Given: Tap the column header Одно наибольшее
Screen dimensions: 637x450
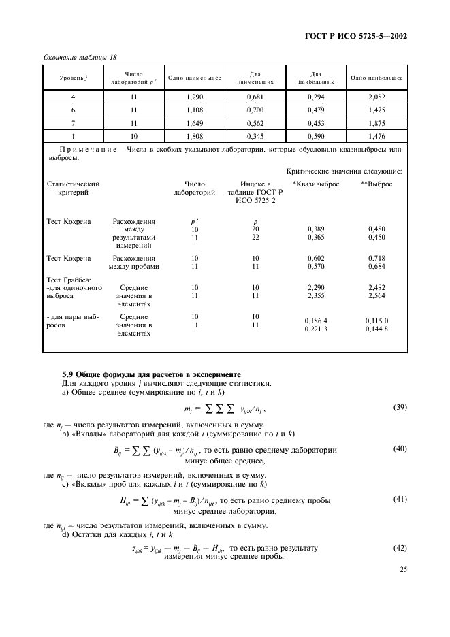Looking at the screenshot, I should click(x=376, y=78).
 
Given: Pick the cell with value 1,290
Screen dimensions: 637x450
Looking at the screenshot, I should click(x=195, y=99).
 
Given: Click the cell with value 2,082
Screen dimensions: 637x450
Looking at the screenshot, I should click(x=376, y=99).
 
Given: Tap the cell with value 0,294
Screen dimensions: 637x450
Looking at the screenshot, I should click(x=316, y=99).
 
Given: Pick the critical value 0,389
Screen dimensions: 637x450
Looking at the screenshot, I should click(x=316, y=230).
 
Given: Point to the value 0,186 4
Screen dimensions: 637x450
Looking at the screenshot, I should click(x=316, y=321).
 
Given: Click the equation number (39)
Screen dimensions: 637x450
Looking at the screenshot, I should click(x=400, y=407).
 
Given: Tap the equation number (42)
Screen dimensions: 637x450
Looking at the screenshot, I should click(x=400, y=548).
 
